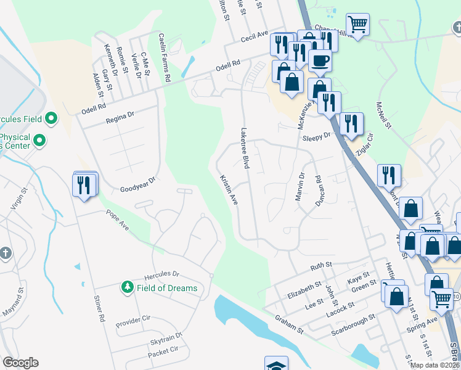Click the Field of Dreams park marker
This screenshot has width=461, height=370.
[128, 287]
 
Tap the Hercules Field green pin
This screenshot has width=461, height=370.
[51, 118]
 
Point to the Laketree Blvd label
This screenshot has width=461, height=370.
[245, 149]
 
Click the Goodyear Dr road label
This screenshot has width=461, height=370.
[137, 189]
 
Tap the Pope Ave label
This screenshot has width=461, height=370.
[117, 220]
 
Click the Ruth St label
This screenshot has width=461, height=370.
[321, 266]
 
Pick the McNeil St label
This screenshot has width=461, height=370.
[383, 115]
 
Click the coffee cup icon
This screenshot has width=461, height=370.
[320, 60]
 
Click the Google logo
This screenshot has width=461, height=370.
[20, 363]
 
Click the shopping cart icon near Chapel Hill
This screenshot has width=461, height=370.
[357, 23]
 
